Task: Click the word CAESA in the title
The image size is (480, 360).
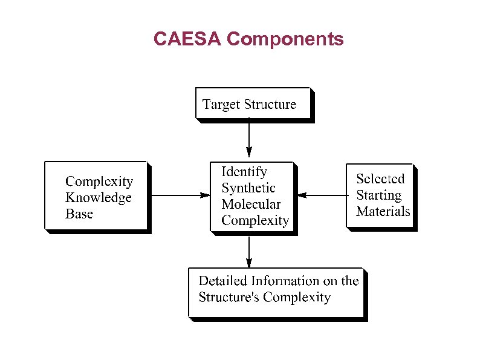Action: coord(187,39)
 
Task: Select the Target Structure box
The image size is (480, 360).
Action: coord(253,103)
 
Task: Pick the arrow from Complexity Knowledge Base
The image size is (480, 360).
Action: coord(178,195)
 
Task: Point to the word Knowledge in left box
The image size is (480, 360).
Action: coord(99,198)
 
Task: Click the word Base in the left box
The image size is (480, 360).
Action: coord(79,214)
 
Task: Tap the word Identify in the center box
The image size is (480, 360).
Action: coord(244,172)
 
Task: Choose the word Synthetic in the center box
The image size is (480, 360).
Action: coord(248,188)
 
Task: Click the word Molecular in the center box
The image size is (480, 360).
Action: coord(251,204)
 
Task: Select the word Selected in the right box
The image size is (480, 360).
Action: coord(380,179)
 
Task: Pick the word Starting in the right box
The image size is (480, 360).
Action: coord(378,195)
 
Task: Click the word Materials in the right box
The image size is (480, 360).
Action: coord(383,211)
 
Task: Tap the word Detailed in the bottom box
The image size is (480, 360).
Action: coord(223,281)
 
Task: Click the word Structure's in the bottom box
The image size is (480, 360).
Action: coord(229,297)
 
